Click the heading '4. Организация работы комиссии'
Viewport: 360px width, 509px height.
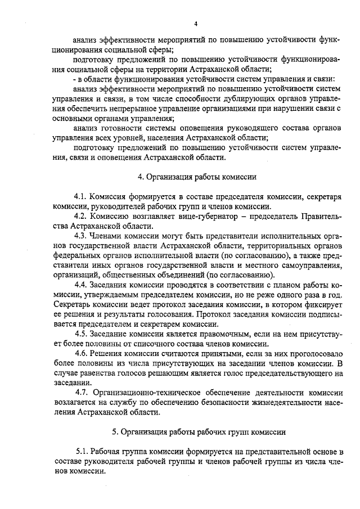(x=197, y=177)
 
